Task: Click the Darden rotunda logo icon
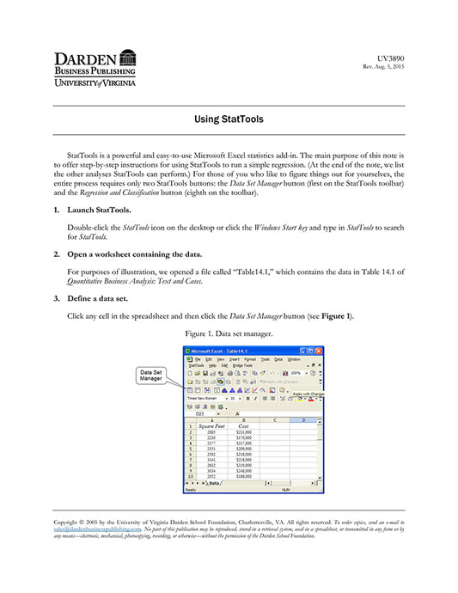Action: pos(128,58)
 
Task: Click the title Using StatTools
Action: pos(229,119)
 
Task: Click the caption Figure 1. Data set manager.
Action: pos(229,333)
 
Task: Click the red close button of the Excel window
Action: pos(320,350)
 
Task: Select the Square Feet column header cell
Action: pos(211,425)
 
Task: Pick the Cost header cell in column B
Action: pos(244,425)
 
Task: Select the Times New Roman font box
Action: pos(203,398)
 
